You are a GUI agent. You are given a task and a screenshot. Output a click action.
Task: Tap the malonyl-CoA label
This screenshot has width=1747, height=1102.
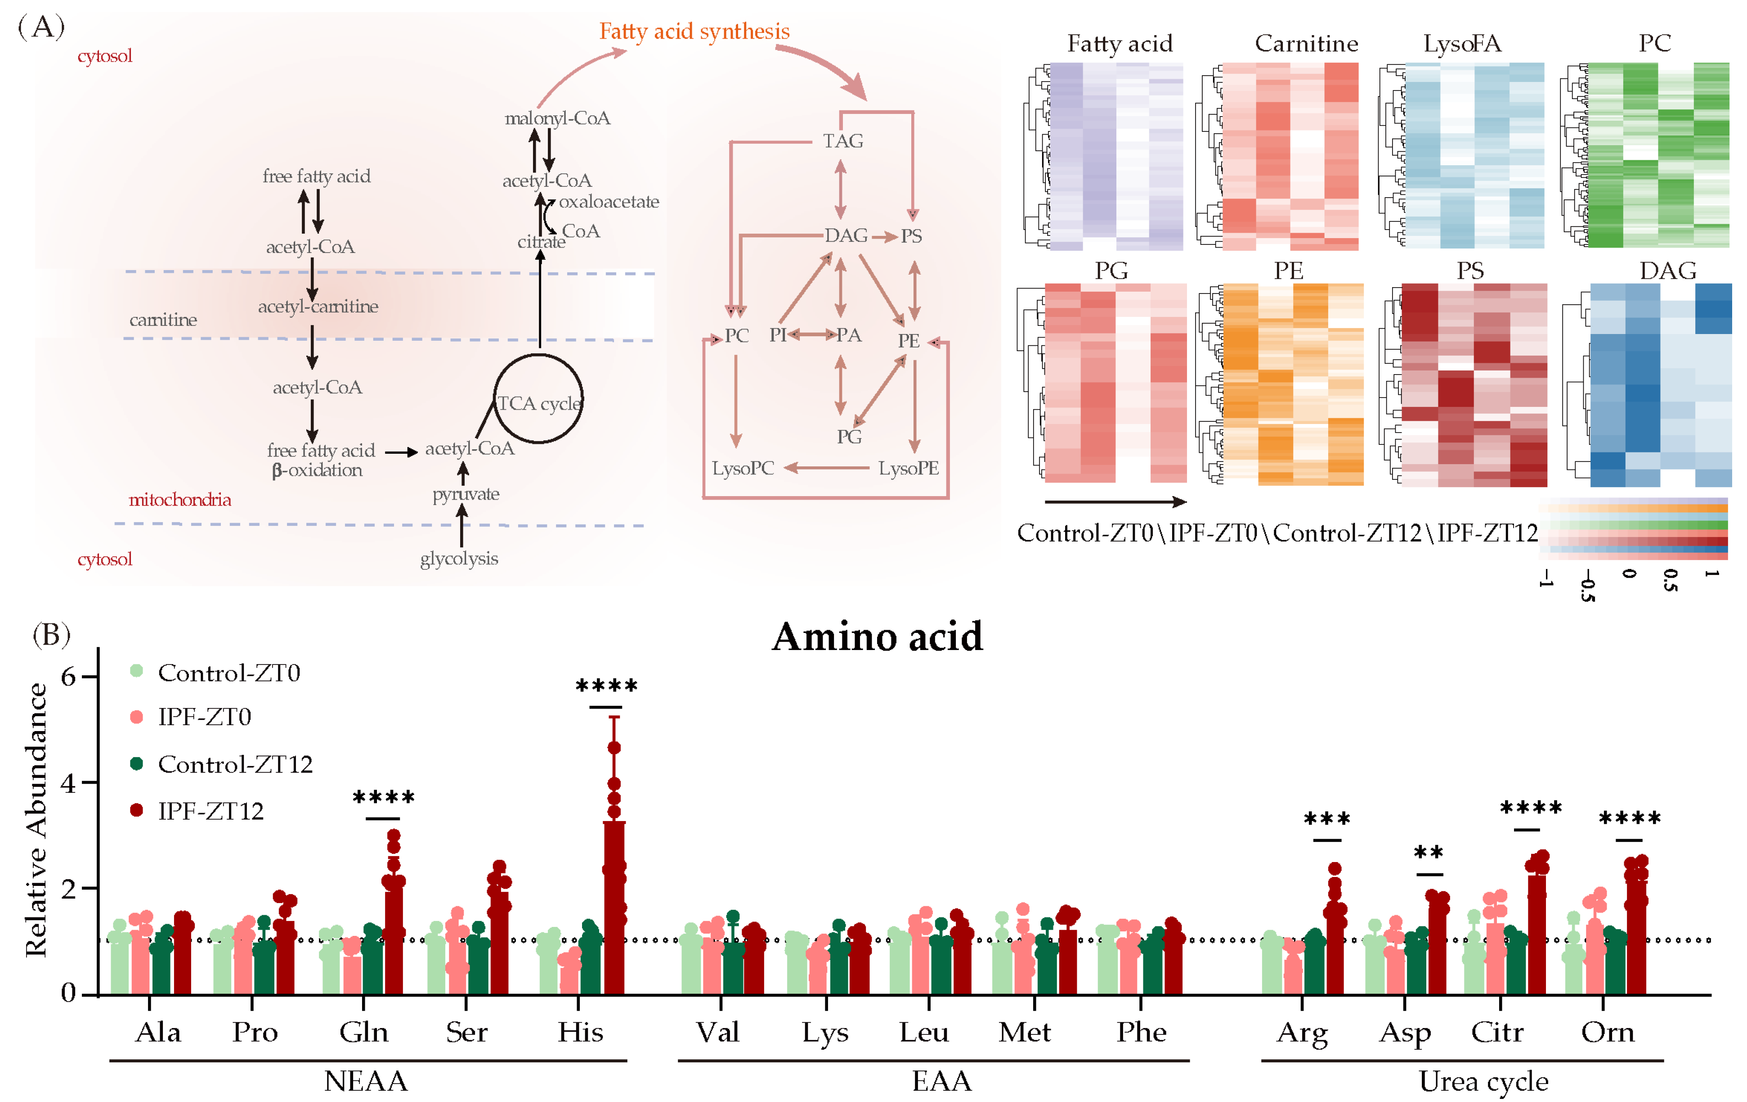pyautogui.click(x=557, y=118)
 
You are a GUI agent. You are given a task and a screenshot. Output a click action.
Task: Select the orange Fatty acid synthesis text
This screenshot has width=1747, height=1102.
pyautogui.click(x=694, y=31)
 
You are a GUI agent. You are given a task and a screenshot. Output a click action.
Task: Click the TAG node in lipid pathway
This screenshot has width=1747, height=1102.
pyautogui.click(x=842, y=141)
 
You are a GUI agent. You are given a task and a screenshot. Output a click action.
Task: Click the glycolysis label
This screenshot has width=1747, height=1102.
pyautogui.click(x=459, y=558)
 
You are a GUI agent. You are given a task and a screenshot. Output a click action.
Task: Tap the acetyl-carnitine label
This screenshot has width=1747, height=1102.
pyautogui.click(x=318, y=307)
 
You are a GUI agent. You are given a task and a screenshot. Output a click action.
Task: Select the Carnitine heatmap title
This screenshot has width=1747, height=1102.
pyautogui.click(x=1306, y=44)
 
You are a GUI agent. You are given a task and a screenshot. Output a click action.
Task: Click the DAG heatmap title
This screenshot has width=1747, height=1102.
pyautogui.click(x=1667, y=271)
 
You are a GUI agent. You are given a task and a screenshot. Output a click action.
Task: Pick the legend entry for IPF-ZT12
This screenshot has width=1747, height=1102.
pyautogui.click(x=211, y=811)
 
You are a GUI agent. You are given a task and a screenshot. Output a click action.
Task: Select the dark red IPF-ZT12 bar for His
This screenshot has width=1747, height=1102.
pyautogui.click(x=614, y=908)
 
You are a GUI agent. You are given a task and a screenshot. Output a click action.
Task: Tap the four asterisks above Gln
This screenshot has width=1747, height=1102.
pyautogui.click(x=384, y=798)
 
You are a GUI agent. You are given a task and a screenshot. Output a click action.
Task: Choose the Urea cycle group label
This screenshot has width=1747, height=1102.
pyautogui.click(x=1483, y=1081)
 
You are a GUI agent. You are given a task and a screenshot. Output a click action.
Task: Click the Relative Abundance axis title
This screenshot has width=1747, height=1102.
pyautogui.click(x=36, y=820)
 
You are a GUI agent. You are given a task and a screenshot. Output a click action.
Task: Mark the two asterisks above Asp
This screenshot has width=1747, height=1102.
pyautogui.click(x=1429, y=853)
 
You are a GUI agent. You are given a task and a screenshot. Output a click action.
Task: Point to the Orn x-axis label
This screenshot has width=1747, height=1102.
pyautogui.click(x=1608, y=1032)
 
